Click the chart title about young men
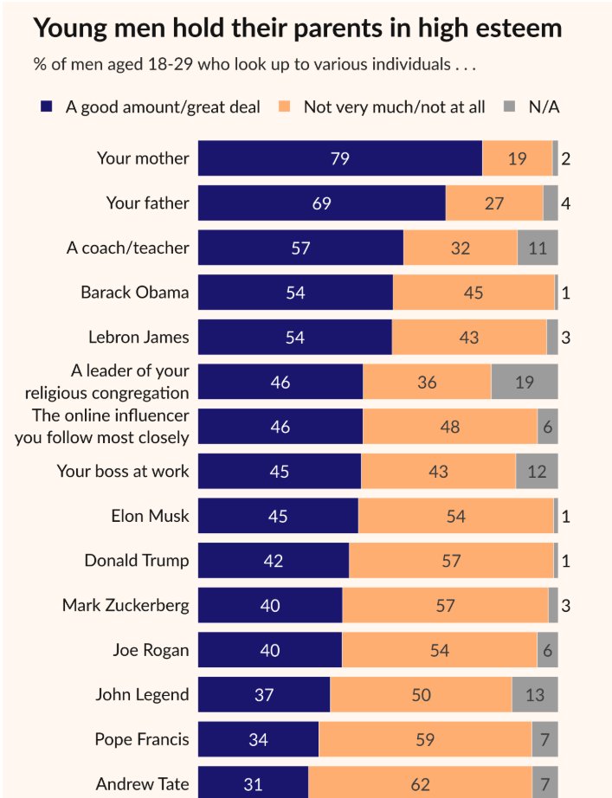point(297,29)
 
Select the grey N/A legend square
point(510,107)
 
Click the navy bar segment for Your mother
point(339,158)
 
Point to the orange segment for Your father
point(494,203)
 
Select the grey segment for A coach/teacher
point(538,248)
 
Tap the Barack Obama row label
point(134,292)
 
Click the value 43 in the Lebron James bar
point(469,337)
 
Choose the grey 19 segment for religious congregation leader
point(525,382)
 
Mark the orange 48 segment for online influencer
point(450,427)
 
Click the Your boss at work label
point(123,471)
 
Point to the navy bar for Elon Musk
point(278,516)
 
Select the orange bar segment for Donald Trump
point(451,561)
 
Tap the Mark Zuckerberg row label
point(126,605)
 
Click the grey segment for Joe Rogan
point(547,650)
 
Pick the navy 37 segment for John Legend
point(264,695)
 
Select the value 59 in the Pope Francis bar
point(425,740)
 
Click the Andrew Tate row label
point(142,784)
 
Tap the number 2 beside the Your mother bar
point(565,158)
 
